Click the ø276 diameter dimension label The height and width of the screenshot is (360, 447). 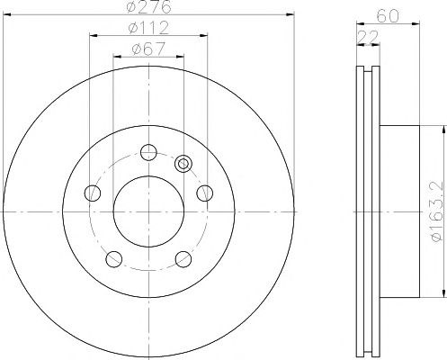coord(148,6)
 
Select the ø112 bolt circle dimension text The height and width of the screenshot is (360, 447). coord(148,28)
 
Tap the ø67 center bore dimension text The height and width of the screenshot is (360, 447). coord(148,49)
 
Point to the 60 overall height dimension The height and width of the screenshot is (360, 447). coord(389,16)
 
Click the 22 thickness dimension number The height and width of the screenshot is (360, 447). coord(368,37)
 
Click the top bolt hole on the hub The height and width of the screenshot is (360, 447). coord(148,152)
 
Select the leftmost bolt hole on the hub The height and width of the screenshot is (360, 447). coord(93,193)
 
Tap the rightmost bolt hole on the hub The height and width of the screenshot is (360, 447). coord(205,193)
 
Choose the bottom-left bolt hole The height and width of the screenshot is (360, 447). coord(114,259)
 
